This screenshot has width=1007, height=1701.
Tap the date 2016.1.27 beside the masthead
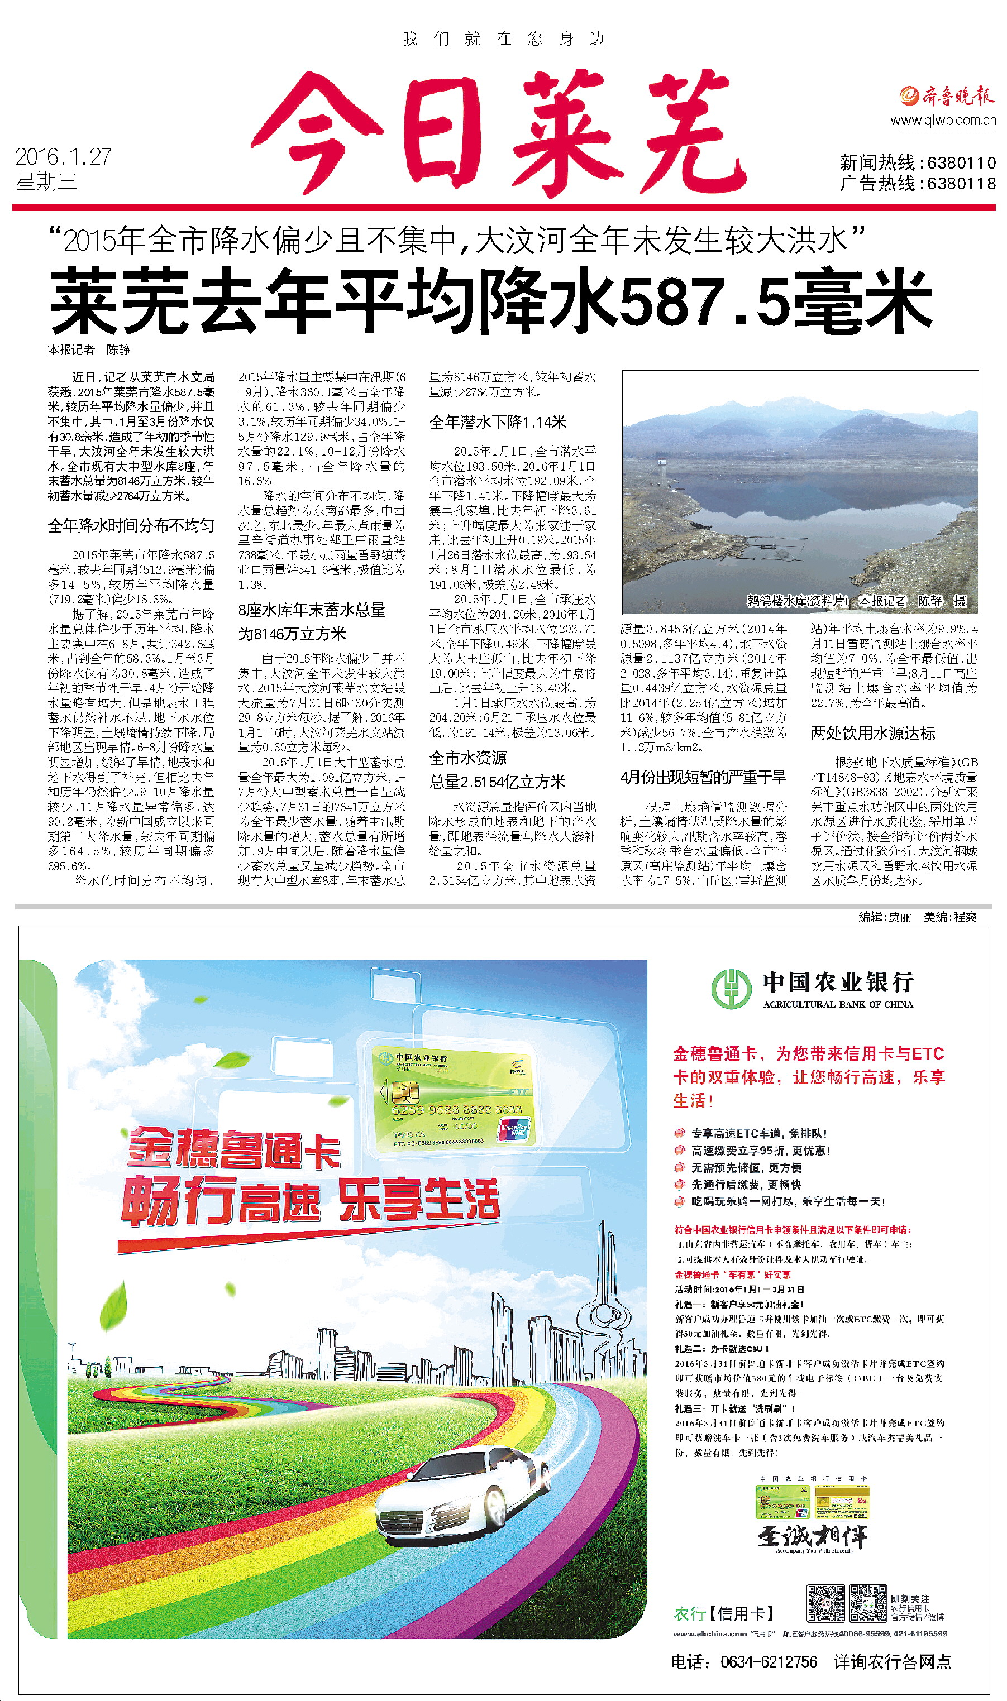pyautogui.click(x=63, y=157)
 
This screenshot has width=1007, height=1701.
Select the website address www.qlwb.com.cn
pyautogui.click(x=943, y=121)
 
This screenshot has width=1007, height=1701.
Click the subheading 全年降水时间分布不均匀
pyautogui.click(x=131, y=526)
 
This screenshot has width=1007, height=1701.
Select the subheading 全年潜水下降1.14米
pyautogui.click(x=498, y=423)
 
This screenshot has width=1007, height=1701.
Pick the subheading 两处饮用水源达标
pyautogui.click(x=872, y=733)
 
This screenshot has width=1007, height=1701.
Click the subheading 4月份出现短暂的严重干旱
pyautogui.click(x=703, y=777)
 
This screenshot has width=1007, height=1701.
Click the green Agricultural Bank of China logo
pyautogui.click(x=731, y=988)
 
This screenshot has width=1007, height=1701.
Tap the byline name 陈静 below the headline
pyautogui.click(x=118, y=350)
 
